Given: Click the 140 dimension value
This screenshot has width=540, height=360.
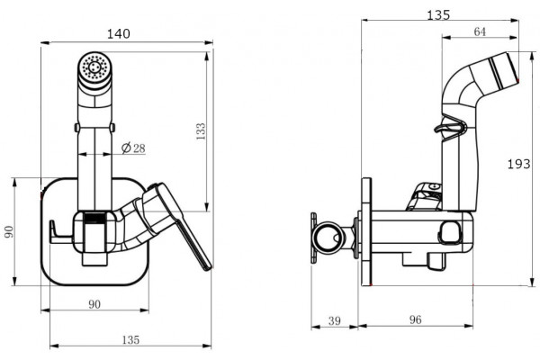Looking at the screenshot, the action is click(x=119, y=34).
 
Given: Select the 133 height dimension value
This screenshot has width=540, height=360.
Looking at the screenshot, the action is click(x=201, y=131).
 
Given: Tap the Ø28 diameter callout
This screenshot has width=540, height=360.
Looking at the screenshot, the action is click(x=133, y=148).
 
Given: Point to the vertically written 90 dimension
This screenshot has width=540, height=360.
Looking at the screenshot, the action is click(x=9, y=231).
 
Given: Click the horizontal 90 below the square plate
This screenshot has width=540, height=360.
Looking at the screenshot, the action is click(x=94, y=304).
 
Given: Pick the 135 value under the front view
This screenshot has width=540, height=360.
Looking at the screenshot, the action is click(x=130, y=339).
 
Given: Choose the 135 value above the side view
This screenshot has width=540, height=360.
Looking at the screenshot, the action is click(x=438, y=14).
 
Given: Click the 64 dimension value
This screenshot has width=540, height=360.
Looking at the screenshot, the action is click(x=480, y=31).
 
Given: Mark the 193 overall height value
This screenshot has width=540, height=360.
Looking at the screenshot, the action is click(x=519, y=164).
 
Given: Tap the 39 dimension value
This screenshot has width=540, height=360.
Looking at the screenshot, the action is click(x=335, y=320).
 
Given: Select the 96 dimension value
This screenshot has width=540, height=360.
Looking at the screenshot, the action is click(x=415, y=319).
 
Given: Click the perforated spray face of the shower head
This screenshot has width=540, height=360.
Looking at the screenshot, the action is click(x=94, y=67).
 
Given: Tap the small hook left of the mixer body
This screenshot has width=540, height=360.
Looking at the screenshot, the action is click(x=60, y=232).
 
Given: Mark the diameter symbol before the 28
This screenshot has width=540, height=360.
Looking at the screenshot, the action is click(x=126, y=148).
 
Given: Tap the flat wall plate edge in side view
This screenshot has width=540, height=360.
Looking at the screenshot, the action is click(x=367, y=232).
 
